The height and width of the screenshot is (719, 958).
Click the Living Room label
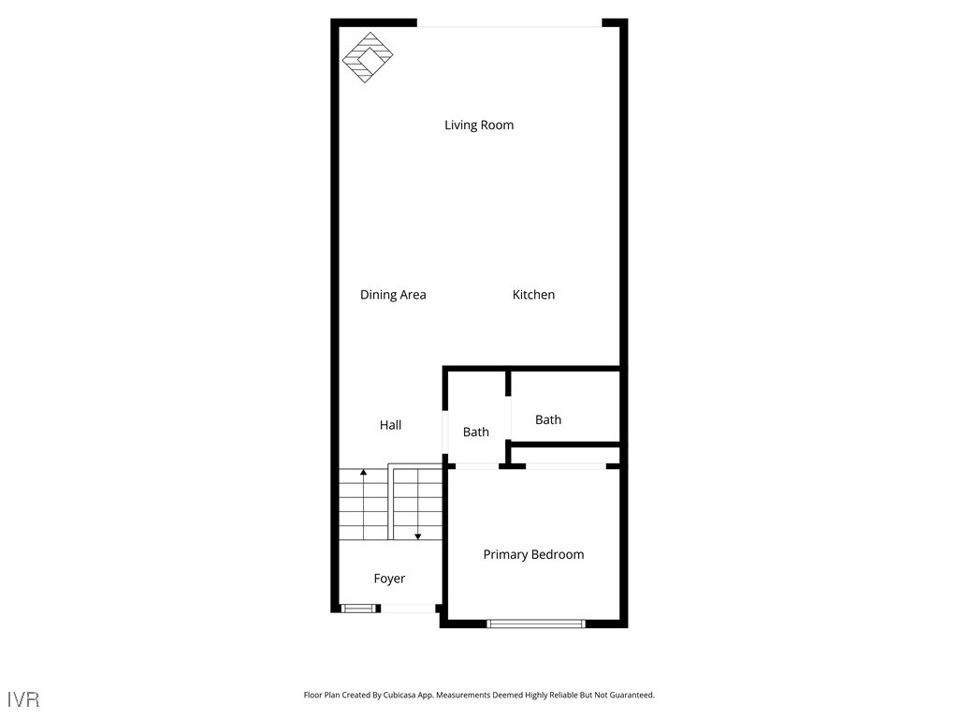(479, 125)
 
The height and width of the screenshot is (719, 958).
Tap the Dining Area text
(393, 295)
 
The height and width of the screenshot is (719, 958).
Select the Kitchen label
(533, 295)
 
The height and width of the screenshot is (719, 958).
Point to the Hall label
(390, 425)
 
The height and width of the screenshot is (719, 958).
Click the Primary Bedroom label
(533, 555)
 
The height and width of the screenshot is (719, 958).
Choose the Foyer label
(389, 579)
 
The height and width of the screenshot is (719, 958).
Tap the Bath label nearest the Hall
(475, 433)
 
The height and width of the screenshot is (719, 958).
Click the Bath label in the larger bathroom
(548, 420)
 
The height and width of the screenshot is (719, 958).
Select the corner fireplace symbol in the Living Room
(367, 58)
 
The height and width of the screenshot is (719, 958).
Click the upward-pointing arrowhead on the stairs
(363, 472)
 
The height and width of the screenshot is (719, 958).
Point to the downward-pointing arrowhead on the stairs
(417, 536)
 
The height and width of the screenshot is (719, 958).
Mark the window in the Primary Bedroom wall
(536, 623)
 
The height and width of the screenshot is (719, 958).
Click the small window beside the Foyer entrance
(357, 609)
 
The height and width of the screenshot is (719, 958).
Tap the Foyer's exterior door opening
(408, 609)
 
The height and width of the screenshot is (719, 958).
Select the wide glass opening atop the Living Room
(509, 23)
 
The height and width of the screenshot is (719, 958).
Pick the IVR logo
(23, 699)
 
